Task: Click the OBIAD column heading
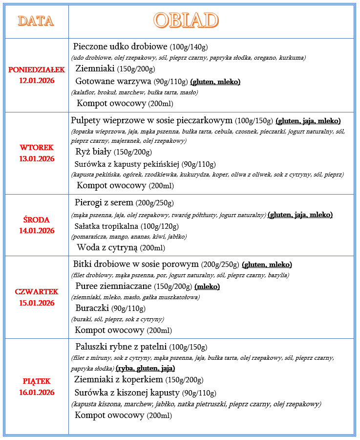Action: click(186, 21)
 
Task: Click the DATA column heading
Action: click(36, 21)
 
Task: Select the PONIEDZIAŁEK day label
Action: click(37, 69)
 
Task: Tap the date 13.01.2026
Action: click(37, 158)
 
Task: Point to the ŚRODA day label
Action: click(37, 220)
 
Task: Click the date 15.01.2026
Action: click(37, 303)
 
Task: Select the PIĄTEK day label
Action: click(37, 381)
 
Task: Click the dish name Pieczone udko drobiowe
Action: click(120, 47)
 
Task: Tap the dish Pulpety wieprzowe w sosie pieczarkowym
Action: click(151, 120)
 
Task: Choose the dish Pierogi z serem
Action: click(104, 202)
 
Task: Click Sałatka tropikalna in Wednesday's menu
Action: click(106, 226)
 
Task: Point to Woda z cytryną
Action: click(107, 247)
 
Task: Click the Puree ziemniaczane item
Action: click(114, 286)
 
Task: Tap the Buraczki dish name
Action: click(92, 308)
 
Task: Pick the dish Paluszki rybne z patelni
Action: click(121, 347)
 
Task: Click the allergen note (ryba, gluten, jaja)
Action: click(145, 368)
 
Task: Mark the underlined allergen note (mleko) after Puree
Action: click(207, 286)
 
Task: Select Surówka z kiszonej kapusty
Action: click(127, 393)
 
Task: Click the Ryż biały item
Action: click(93, 152)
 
